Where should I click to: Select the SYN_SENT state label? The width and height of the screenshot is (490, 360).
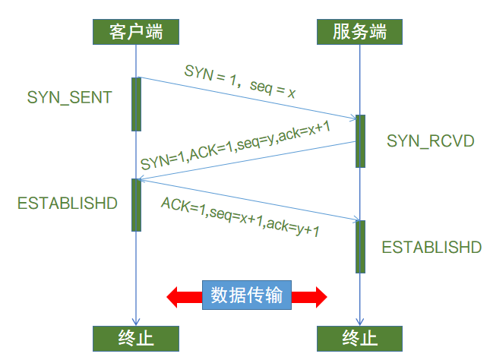coord(69,98)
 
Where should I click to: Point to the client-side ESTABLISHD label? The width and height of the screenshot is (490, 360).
coord(68,204)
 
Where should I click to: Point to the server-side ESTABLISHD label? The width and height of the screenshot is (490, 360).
coord(432,248)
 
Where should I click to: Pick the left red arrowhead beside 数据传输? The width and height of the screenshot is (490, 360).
coord(176,295)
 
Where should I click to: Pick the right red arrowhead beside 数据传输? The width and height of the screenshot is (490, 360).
coord(318,295)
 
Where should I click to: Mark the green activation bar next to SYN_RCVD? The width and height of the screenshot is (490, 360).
coord(360,141)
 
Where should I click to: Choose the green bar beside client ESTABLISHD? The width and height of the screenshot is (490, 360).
coord(136,204)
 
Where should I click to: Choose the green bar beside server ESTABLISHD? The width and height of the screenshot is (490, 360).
coord(360,247)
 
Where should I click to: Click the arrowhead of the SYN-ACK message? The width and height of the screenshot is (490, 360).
coord(143,180)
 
